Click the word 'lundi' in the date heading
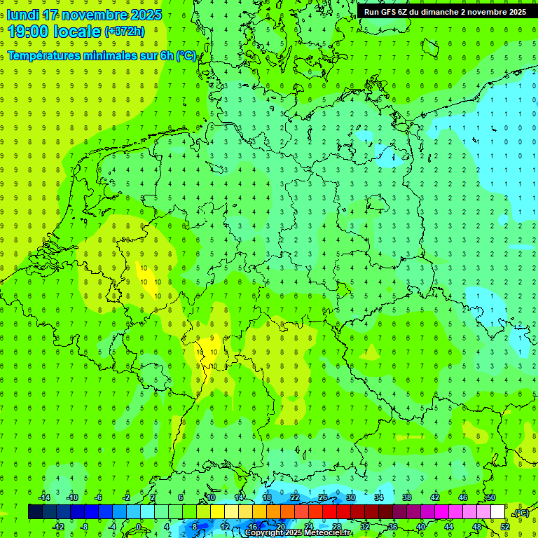[x=22, y=15]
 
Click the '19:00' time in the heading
[x=31, y=31]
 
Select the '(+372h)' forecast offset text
[x=125, y=32]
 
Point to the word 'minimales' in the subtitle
[x=108, y=55]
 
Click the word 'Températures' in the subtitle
[x=43, y=55]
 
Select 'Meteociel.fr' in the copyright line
[x=329, y=533]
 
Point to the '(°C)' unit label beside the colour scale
[x=520, y=513]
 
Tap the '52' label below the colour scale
[x=505, y=527]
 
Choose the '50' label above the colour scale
[x=490, y=497]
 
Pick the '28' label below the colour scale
[x=337, y=527]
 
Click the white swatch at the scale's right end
[x=498, y=512]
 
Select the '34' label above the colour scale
[x=378, y=497]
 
